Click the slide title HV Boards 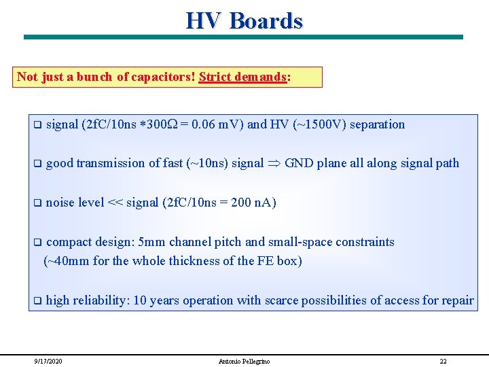(244, 20)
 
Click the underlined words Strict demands (242, 77)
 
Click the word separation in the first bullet (377, 124)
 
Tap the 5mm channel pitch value (152, 242)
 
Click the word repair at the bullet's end (457, 300)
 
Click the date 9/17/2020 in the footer (48, 361)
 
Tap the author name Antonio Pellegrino (243, 361)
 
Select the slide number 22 (443, 361)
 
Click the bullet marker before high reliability (38, 300)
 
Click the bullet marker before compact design (38, 242)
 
